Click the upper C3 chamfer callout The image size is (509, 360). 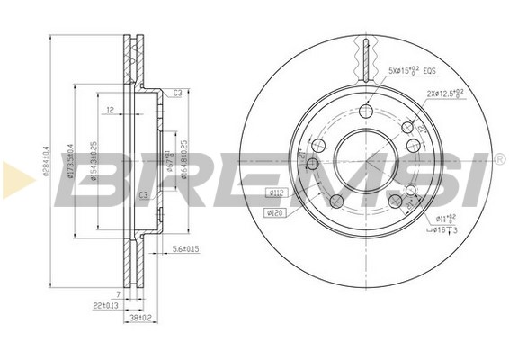(x=178, y=94)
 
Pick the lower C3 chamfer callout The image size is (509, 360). (x=143, y=195)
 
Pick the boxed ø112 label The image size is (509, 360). (x=277, y=191)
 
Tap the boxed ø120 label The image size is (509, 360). (x=274, y=212)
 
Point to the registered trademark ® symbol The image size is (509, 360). (x=499, y=159)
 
